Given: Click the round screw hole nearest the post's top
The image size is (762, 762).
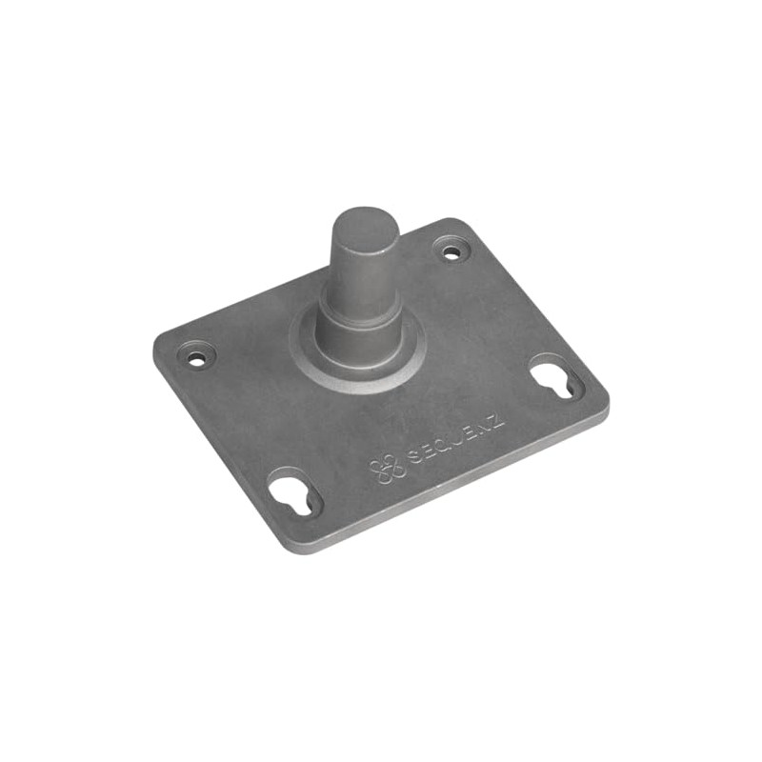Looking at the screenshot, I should pos(451,251).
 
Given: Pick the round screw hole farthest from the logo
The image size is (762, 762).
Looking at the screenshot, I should pos(197,358).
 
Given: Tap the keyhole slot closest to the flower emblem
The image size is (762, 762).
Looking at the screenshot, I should pos(296,493).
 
